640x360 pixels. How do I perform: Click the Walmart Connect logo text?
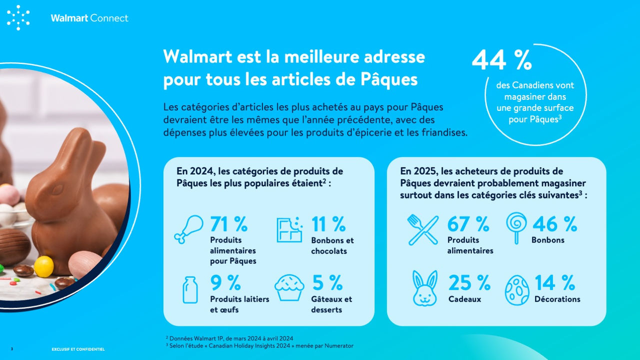89,18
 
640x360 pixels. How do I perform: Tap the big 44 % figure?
501,59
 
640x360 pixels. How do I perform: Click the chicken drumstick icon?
189,229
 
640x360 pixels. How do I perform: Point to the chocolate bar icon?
289,229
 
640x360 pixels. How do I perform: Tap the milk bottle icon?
190,289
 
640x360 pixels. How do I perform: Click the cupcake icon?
289,287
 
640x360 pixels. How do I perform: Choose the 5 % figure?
327,282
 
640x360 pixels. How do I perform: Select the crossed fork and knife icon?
423,230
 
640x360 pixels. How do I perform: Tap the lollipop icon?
516,228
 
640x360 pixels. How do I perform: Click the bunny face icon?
425,288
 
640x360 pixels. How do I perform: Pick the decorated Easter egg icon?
517,290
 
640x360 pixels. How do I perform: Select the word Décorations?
557,299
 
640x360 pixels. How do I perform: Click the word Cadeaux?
464,299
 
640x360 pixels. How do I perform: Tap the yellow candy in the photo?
43,266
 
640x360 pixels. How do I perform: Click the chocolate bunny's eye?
58,189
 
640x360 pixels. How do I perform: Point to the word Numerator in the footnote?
339,345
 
